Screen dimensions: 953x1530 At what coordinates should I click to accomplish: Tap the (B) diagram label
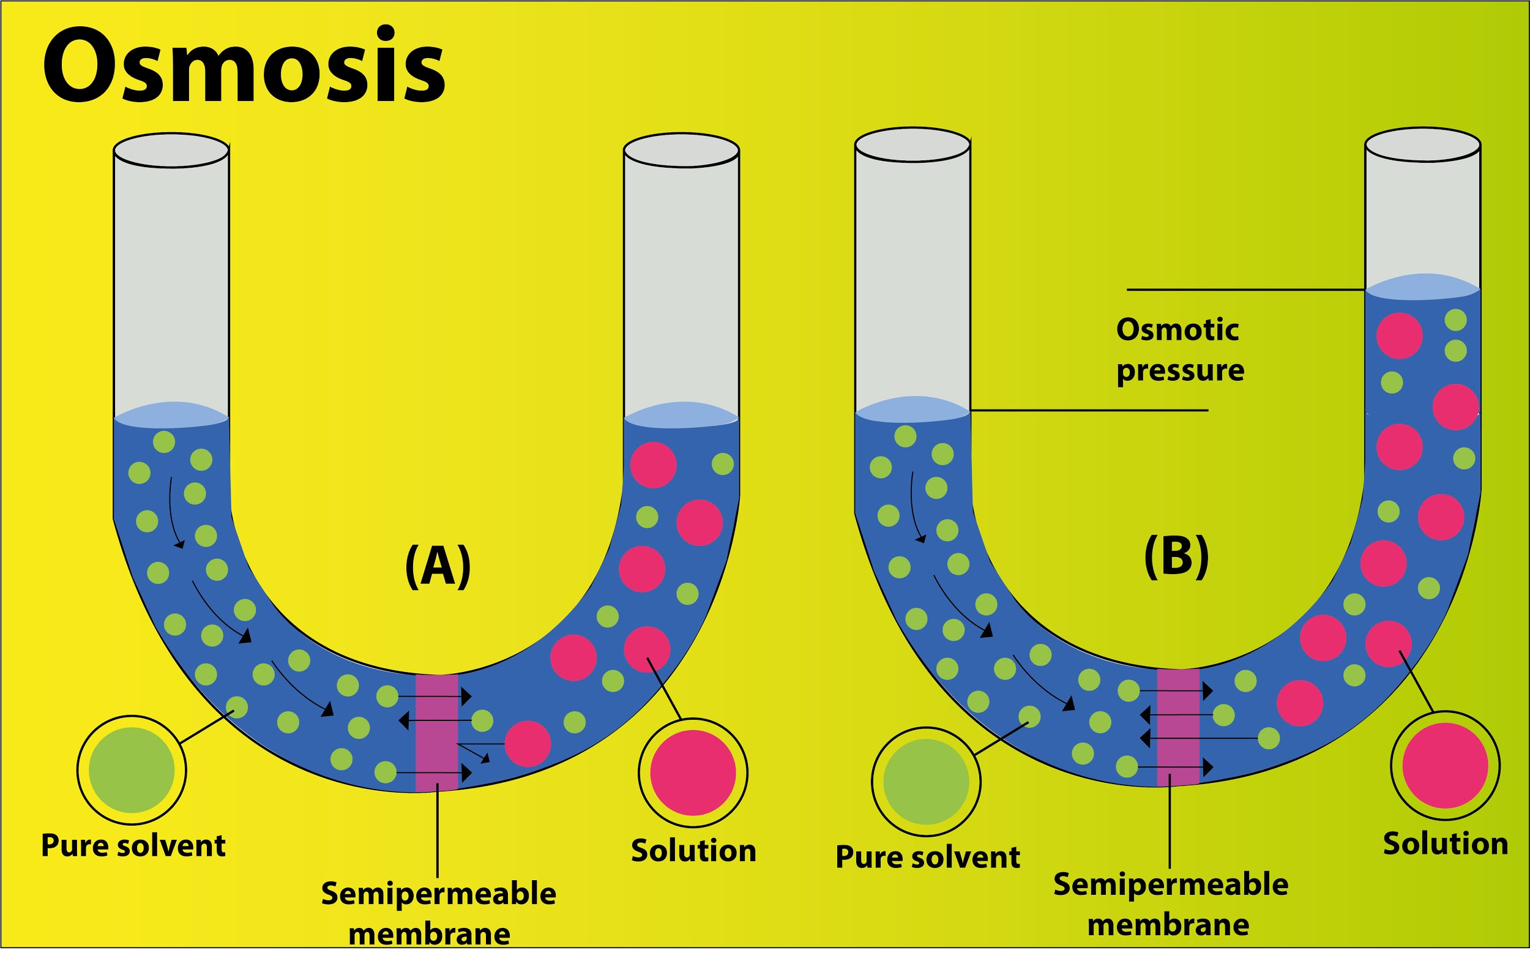(1176, 556)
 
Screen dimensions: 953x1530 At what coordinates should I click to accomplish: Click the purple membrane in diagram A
(437, 733)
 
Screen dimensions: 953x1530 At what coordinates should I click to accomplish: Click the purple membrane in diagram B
(1177, 727)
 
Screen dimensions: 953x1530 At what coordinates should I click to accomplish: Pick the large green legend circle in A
(131, 770)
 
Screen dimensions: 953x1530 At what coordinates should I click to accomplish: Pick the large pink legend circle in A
(693, 772)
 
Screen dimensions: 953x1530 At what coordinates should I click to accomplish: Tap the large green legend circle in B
(926, 782)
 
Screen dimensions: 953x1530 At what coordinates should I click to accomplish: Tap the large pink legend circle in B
(1445, 766)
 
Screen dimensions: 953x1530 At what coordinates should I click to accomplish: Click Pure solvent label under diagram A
(133, 846)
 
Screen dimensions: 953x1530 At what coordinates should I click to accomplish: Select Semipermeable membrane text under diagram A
(438, 913)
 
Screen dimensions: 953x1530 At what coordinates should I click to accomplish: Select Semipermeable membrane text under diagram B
(1170, 905)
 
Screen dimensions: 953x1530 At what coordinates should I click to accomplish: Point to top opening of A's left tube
(171, 151)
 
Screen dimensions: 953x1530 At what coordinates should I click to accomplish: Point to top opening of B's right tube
(1422, 145)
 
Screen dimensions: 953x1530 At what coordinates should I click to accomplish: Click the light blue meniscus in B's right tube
(1422, 287)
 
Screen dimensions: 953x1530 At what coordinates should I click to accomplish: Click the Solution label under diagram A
(693, 851)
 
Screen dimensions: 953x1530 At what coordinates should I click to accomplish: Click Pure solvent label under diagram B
(927, 857)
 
